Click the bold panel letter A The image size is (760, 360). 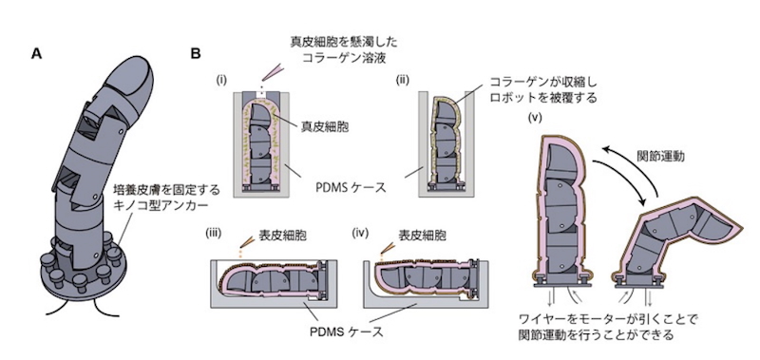pyautogui.click(x=36, y=54)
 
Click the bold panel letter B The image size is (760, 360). pyautogui.click(x=196, y=54)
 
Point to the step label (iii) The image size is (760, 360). pyautogui.click(x=213, y=233)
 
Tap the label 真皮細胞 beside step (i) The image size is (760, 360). pyautogui.click(x=322, y=127)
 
